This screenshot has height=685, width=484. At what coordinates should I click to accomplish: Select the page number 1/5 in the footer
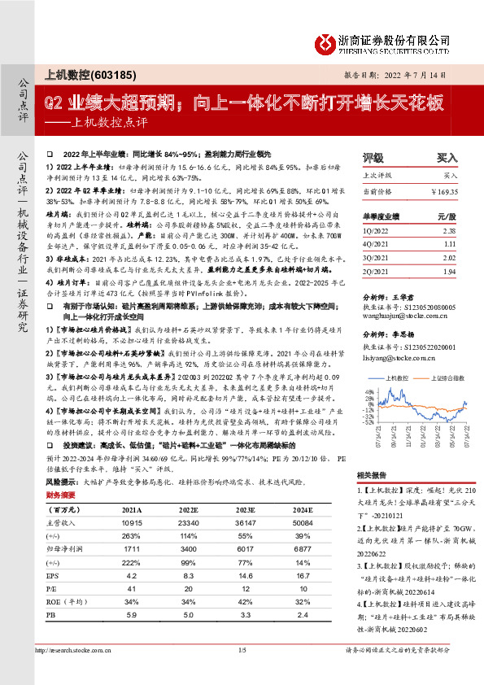pos(242,673)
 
